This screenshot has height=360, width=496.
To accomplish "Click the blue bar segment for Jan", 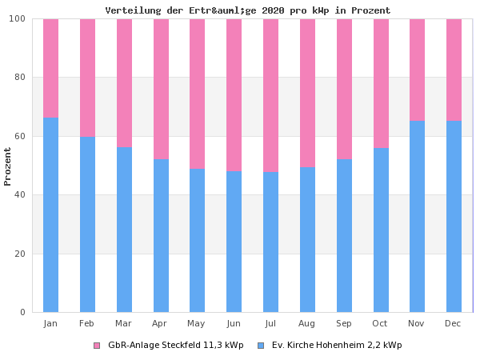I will (x=50, y=214).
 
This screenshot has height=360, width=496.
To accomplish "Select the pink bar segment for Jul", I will (x=270, y=95).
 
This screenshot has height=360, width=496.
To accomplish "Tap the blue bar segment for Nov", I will (x=417, y=216).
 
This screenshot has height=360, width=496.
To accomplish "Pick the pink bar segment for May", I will (x=197, y=94).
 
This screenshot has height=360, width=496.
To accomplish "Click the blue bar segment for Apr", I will (x=161, y=235).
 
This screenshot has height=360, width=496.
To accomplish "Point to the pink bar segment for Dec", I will (x=454, y=70).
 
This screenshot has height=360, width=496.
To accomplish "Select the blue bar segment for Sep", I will (x=344, y=235).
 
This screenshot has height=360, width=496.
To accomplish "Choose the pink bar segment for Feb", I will (x=87, y=78).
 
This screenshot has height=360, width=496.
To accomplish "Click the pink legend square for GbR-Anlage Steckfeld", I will (x=97, y=346).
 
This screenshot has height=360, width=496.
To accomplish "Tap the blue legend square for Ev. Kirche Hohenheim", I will (x=261, y=346).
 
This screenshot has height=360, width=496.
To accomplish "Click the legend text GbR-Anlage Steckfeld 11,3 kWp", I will (x=175, y=346).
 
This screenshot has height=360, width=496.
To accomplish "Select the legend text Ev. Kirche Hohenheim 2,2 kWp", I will (x=337, y=346).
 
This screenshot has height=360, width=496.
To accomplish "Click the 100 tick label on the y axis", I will (x=18, y=18).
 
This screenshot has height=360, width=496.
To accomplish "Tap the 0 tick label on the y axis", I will (x=23, y=312).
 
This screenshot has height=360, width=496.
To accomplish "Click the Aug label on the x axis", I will (x=307, y=323).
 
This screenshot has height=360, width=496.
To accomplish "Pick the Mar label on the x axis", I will (x=124, y=323).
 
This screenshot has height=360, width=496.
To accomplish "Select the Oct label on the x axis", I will (x=380, y=323).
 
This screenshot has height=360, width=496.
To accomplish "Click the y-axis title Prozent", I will (x=8, y=166).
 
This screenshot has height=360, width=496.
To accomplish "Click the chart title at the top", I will (x=248, y=10).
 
